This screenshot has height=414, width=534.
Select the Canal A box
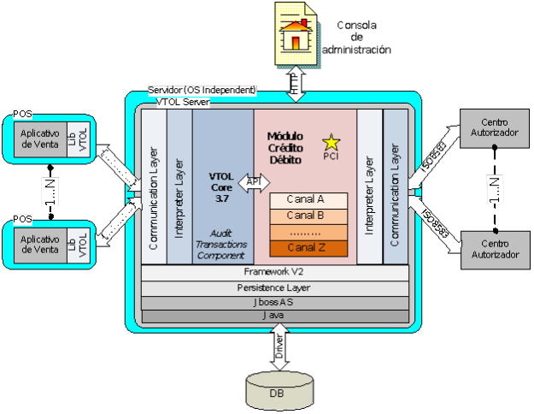click(x=309, y=200)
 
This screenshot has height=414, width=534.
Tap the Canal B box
click(x=309, y=216)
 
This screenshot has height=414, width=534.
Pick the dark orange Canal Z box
click(x=309, y=249)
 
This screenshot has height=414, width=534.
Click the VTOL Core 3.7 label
click(x=221, y=186)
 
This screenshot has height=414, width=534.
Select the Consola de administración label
click(x=356, y=37)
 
